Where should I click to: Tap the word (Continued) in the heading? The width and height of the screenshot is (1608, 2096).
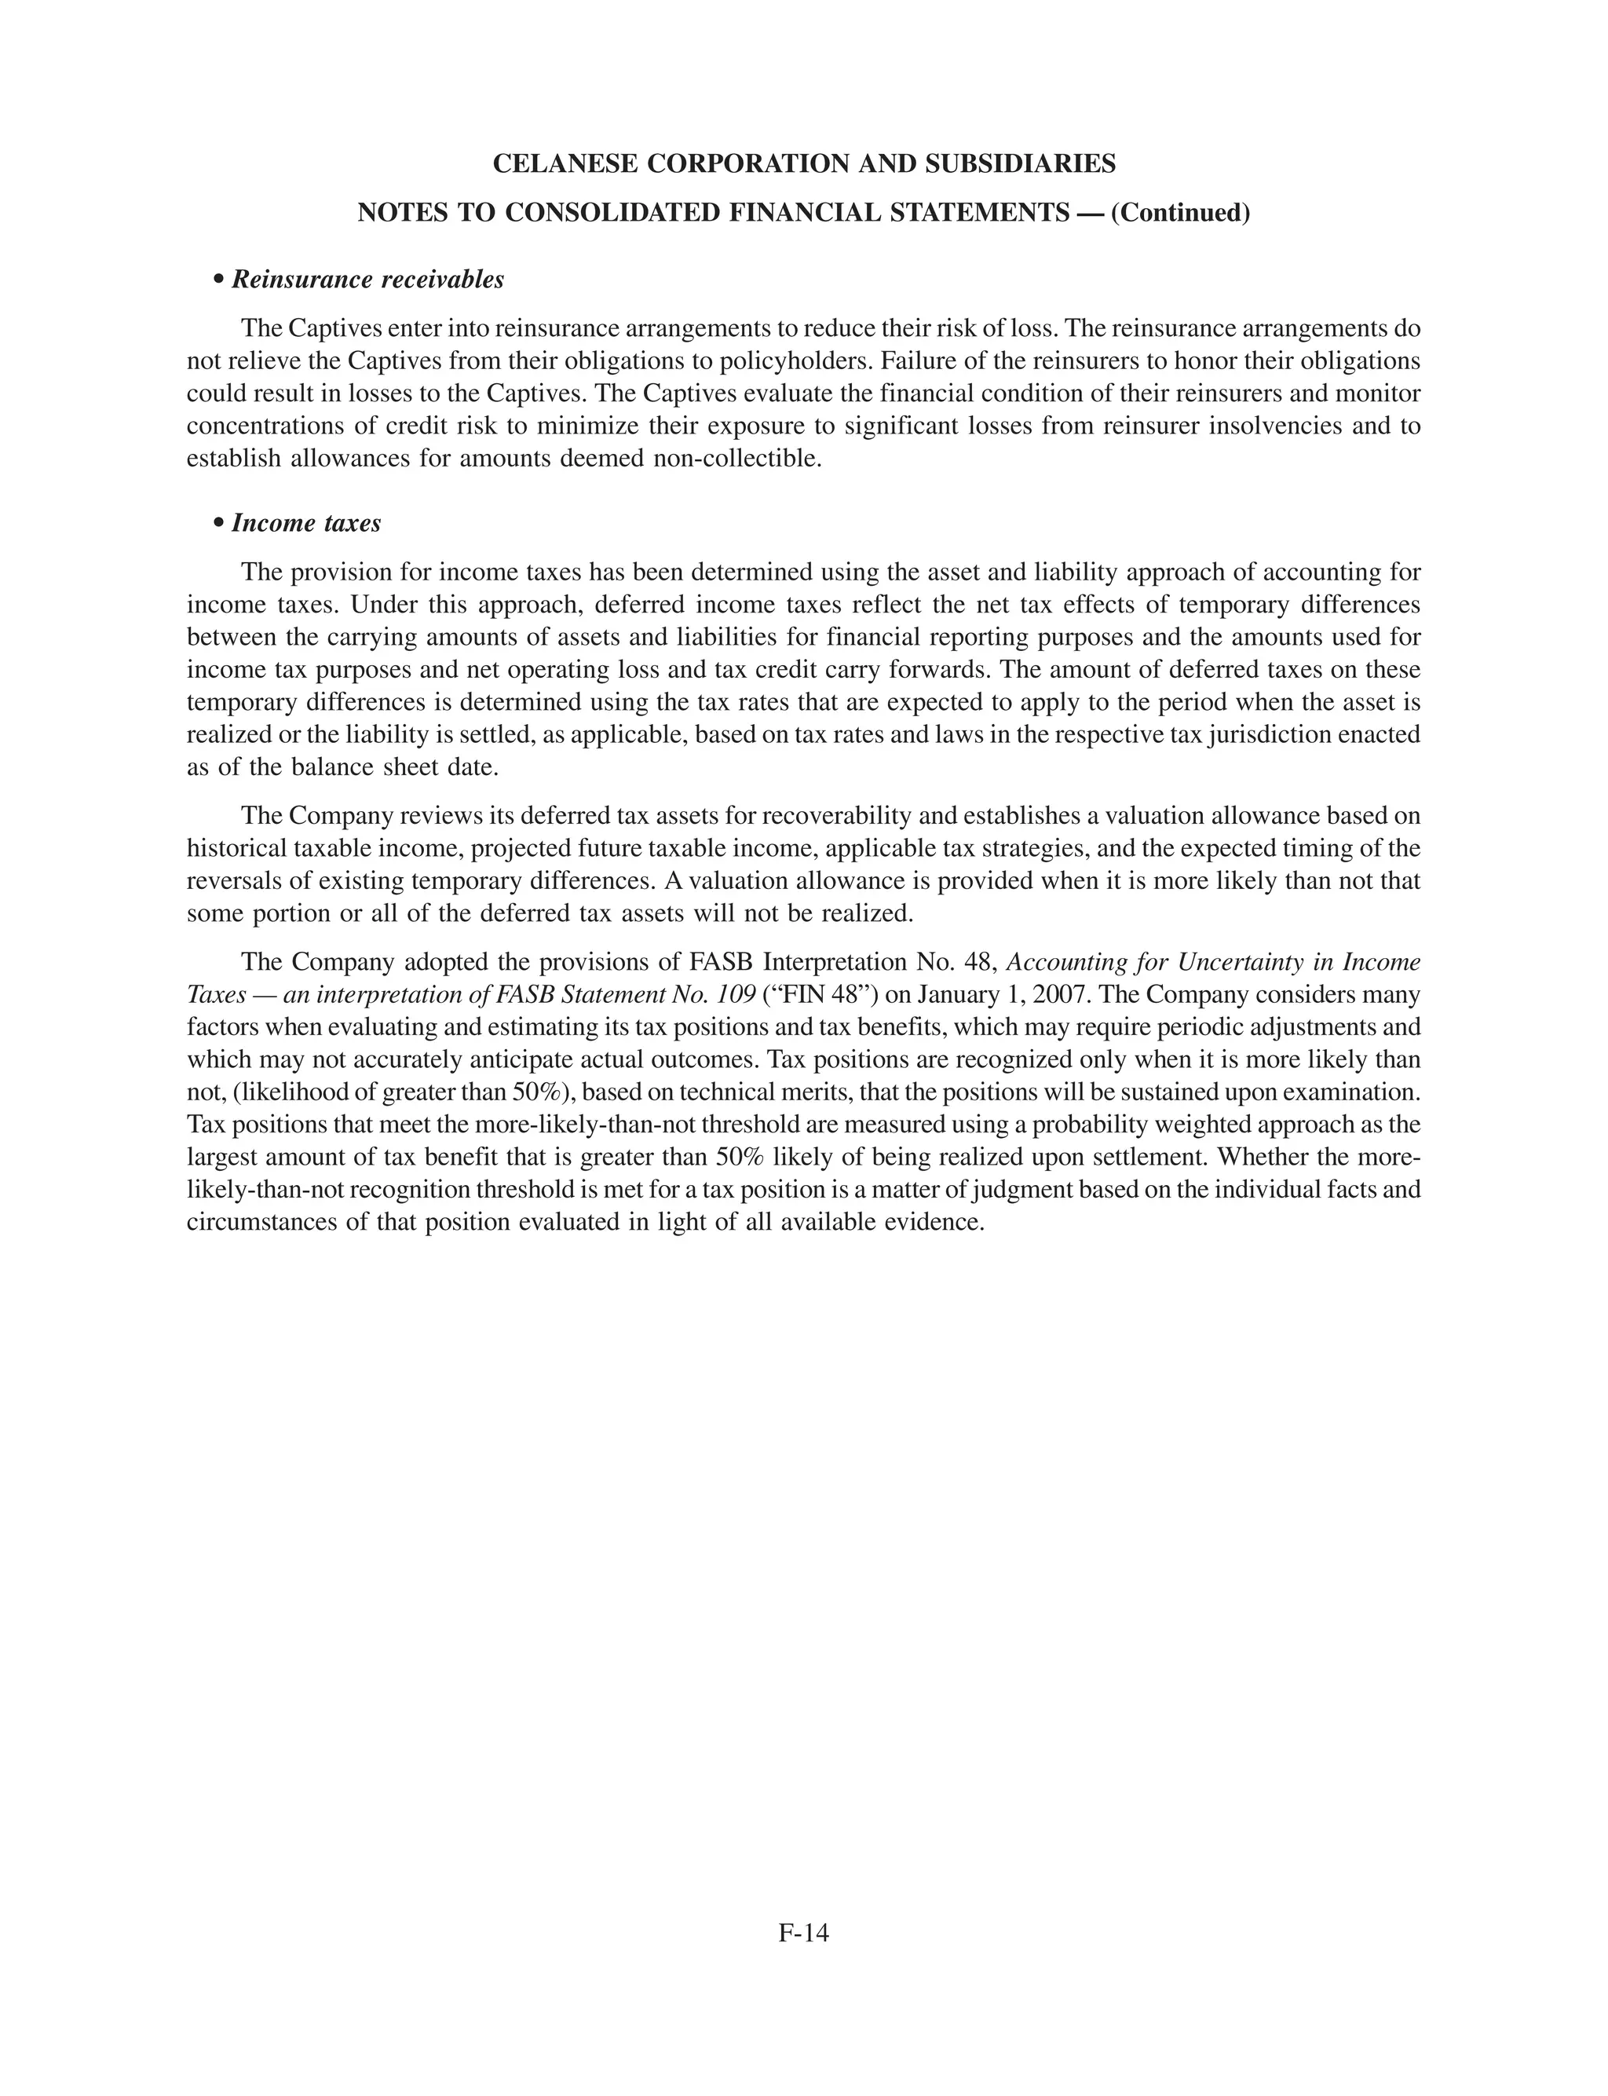click(1180, 213)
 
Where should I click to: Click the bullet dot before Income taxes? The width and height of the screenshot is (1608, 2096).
click(219, 525)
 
